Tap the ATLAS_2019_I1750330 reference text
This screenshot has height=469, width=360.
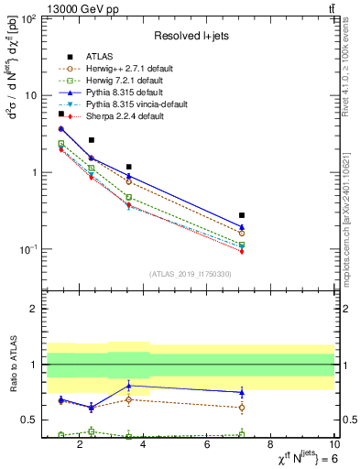coord(190,274)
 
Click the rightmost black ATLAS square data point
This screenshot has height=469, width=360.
coord(242,214)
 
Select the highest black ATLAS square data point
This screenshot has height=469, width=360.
coord(61,114)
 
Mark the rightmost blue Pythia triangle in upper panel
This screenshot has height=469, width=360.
coord(242,227)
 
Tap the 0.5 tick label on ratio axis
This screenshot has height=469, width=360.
coord(28,420)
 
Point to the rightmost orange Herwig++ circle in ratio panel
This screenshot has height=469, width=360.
coord(242,407)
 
